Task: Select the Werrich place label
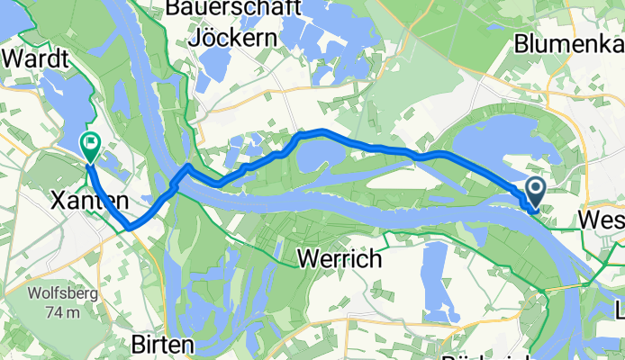tap(340, 259)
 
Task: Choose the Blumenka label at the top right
tap(568, 42)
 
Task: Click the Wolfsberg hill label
tap(57, 294)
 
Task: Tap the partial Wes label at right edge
tap(601, 220)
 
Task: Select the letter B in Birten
tap(138, 345)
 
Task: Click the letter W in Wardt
tap(12, 59)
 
